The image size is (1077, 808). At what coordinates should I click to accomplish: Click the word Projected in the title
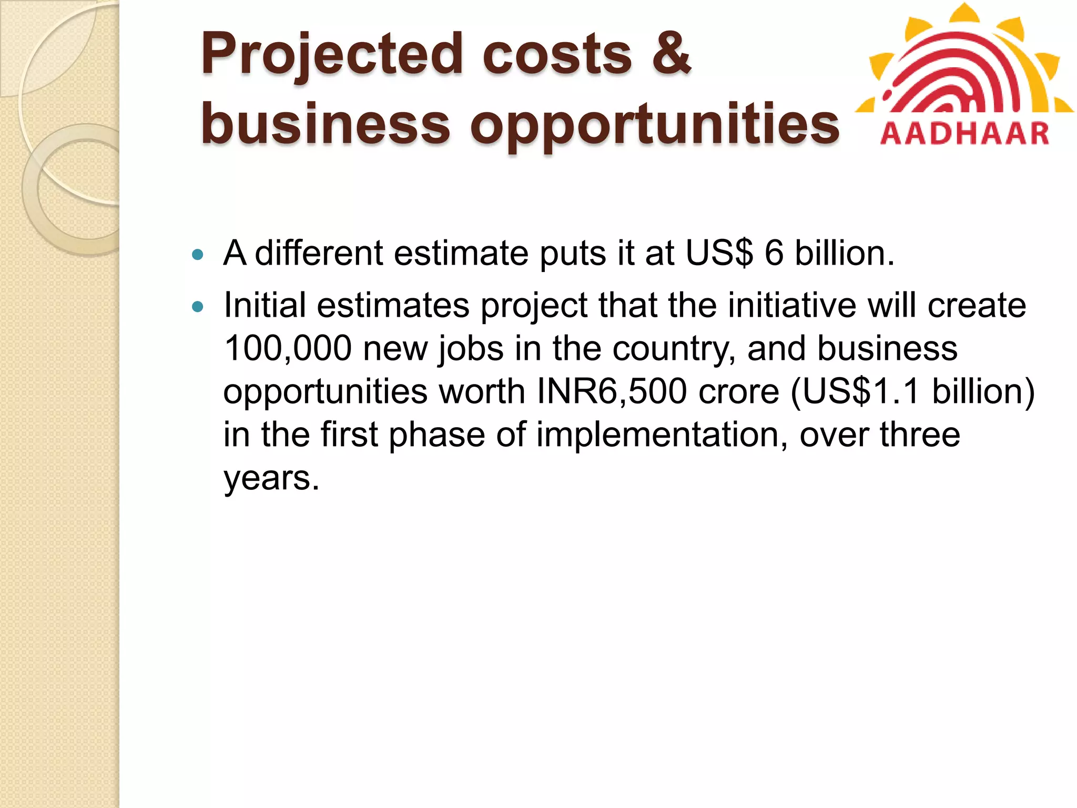(x=331, y=55)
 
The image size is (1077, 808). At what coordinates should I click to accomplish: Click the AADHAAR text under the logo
(x=964, y=134)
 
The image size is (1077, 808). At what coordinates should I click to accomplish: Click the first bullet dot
(x=198, y=255)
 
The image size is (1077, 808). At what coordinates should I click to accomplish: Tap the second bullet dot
(x=198, y=307)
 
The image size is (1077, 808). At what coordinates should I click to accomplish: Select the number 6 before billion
(x=774, y=253)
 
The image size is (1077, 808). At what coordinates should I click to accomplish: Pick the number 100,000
(x=288, y=349)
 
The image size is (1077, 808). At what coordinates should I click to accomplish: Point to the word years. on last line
(x=271, y=479)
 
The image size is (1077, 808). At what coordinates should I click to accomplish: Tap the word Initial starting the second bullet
(x=265, y=306)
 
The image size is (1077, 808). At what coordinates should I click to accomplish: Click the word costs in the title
(x=557, y=55)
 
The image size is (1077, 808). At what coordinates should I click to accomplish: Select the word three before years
(x=920, y=436)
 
